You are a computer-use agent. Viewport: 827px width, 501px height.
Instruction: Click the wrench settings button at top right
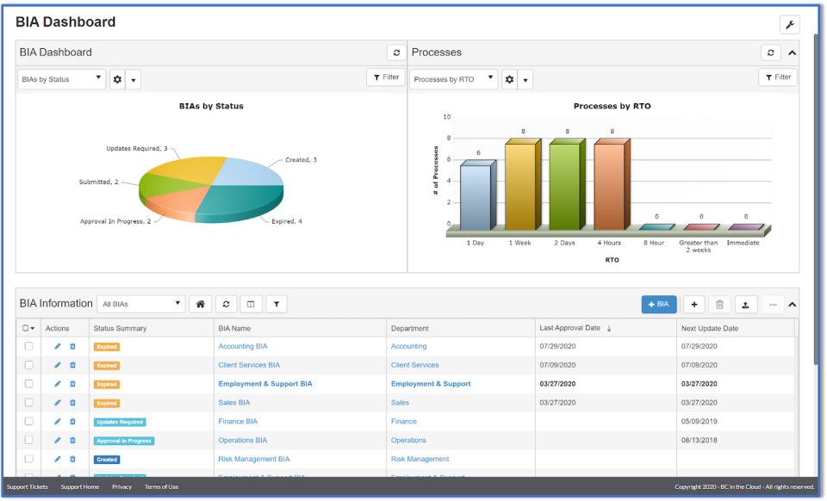click(x=789, y=24)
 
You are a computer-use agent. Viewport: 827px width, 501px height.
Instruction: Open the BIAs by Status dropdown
click(x=61, y=80)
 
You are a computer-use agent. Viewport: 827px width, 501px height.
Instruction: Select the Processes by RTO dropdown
click(x=454, y=80)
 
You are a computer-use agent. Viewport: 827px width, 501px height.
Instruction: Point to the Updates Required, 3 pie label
click(x=136, y=149)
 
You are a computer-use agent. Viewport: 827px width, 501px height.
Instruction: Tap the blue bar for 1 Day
click(x=476, y=197)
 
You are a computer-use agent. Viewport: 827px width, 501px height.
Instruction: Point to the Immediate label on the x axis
click(x=743, y=243)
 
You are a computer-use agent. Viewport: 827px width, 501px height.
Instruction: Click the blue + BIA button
click(x=659, y=304)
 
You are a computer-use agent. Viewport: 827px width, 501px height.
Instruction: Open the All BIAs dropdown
click(x=140, y=304)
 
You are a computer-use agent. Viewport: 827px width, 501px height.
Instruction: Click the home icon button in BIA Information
click(x=200, y=304)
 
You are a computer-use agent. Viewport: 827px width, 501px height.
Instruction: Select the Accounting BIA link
click(x=242, y=346)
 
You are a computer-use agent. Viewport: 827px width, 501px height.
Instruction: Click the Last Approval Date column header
click(x=570, y=328)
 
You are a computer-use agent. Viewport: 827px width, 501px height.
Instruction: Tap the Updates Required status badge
click(x=120, y=422)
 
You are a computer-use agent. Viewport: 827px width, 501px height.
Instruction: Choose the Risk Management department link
click(x=420, y=460)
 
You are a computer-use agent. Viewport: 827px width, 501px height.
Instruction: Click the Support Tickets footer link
click(x=28, y=487)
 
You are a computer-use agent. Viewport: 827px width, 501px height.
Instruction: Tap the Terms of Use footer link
click(x=161, y=487)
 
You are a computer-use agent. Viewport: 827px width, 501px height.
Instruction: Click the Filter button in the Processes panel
click(x=777, y=77)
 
